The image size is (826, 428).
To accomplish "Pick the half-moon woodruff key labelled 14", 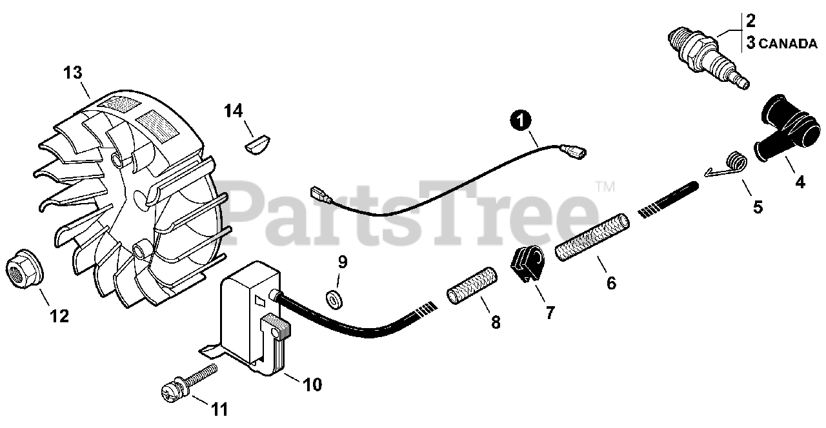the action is click(x=259, y=142).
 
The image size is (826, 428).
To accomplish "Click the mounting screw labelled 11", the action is click(x=188, y=382).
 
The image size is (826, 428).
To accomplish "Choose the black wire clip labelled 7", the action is click(x=527, y=264).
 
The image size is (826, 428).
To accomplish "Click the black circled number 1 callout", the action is click(x=521, y=120).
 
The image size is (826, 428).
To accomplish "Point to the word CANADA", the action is click(x=787, y=44).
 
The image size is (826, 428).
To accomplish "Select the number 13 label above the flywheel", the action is click(x=73, y=72).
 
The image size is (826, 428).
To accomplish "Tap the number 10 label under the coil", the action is click(x=312, y=385).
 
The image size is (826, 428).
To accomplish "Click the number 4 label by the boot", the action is click(x=800, y=182).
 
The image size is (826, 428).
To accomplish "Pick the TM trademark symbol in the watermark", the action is click(x=605, y=187).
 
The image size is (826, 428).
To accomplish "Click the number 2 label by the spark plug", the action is click(x=750, y=20).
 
